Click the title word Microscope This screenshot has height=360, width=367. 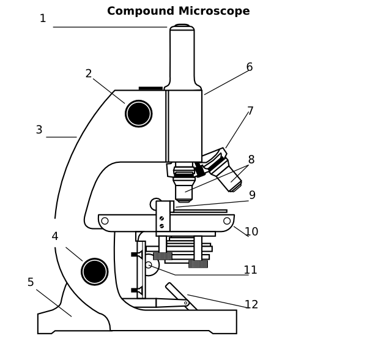coord(214,11)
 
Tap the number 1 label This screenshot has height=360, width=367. coord(43,18)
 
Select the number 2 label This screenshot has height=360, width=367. coord(89,73)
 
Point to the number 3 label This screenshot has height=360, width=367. coord(39,130)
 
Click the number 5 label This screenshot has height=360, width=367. coord(31,282)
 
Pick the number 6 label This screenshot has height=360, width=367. coord(250,67)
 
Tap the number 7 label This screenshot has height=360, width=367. coord(250,111)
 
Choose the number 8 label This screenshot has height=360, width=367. coord(251,160)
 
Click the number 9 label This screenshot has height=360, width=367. coord(252,195)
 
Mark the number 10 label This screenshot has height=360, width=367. coord(251,231)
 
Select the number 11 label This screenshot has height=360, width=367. coord(250,270)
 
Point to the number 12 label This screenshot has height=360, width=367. coord(251,304)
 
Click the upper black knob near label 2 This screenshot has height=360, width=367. coord(139,114)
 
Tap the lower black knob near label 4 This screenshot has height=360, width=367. coord(95,272)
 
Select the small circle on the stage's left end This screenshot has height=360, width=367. coord(105,221)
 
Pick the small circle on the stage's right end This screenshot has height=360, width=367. coord(227,221)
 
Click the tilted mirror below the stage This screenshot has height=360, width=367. coord(181,296)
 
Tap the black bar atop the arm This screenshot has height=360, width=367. coord(150,88)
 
